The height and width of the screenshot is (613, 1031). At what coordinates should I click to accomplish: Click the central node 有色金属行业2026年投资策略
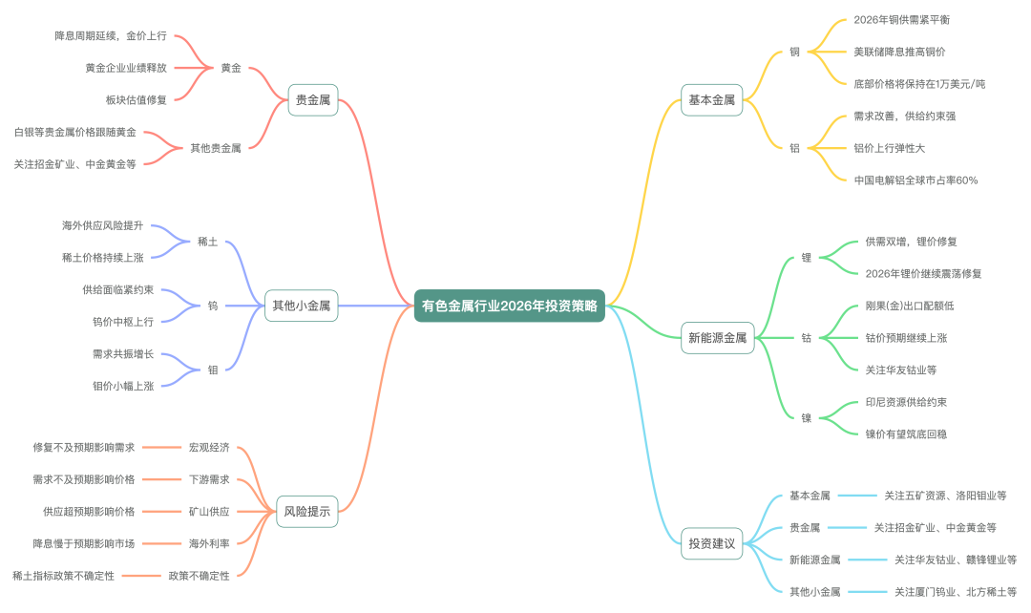pos(510,306)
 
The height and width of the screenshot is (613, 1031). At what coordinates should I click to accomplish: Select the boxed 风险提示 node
pos(306,512)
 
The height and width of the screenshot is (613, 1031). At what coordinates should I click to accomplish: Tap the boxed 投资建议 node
pos(712,543)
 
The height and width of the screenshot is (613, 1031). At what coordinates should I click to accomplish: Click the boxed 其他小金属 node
pos(301,306)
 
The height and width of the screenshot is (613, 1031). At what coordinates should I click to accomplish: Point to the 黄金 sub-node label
pos(231,68)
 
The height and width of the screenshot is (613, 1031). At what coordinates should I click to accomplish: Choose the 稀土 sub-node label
pos(207,242)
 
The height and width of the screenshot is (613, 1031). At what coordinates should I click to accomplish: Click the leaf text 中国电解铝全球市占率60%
pos(915,180)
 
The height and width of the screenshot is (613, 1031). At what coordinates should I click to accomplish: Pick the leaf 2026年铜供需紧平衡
pos(901,20)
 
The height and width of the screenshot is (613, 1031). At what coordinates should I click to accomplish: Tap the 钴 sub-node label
pos(807,337)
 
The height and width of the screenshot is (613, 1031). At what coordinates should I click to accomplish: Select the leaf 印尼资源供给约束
pos(906,402)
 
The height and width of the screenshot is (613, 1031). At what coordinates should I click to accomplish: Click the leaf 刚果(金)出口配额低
pos(910,306)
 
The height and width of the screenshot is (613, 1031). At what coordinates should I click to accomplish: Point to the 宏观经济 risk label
pos(209,447)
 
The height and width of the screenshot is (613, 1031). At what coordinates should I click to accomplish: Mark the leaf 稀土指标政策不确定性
pos(64,576)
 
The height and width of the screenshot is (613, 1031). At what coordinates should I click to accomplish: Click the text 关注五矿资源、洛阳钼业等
pos(944,496)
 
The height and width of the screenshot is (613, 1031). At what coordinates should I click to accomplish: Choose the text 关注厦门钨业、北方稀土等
pos(955,592)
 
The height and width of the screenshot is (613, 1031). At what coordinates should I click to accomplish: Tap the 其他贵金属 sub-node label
pos(216,148)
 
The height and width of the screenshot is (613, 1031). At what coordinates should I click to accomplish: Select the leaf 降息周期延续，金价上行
pos(111,35)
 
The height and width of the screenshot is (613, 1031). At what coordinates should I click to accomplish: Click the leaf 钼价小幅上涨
pos(123,386)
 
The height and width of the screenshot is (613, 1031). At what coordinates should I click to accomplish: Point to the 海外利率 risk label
pos(209,543)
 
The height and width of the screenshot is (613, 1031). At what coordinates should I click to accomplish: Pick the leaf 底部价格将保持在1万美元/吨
pos(919,84)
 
